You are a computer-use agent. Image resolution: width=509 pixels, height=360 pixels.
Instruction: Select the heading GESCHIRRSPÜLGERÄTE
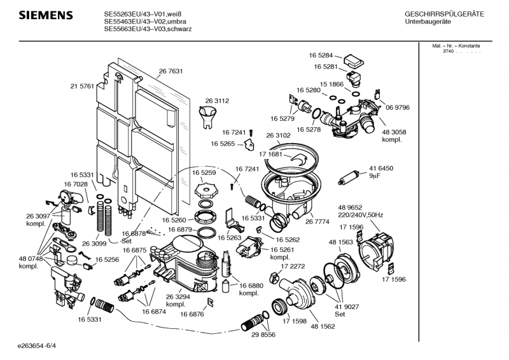tap(444, 14)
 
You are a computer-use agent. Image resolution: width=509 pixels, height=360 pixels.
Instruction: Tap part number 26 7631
tap(171, 71)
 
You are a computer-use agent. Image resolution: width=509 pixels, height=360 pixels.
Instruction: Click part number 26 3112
tap(217, 100)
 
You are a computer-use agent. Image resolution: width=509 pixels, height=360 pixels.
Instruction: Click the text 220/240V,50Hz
tap(360, 215)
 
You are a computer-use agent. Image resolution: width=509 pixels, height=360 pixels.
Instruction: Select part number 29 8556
tap(263, 335)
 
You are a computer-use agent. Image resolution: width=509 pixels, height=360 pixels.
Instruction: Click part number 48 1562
tap(323, 326)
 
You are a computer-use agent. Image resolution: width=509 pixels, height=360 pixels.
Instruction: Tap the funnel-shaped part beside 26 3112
tap(207, 116)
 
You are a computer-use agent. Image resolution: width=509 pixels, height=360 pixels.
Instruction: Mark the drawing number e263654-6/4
tap(38, 347)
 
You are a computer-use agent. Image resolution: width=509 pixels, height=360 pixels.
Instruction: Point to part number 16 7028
tap(75, 184)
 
